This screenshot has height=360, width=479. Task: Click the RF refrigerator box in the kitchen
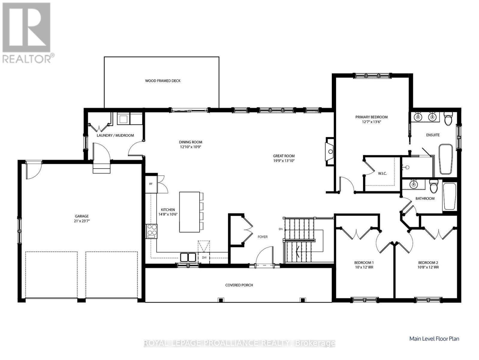click(151, 184)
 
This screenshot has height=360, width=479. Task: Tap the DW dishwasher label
click(204, 257)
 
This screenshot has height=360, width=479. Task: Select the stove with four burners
click(152, 231)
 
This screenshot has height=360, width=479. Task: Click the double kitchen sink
click(188, 257)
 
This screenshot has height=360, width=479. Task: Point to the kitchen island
click(189, 212)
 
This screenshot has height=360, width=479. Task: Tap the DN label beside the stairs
click(281, 229)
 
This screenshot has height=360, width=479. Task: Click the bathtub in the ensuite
click(446, 159)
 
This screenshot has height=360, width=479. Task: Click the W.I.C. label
click(382, 173)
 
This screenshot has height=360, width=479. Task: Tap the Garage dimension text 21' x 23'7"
click(82, 221)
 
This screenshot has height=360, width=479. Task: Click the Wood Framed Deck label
click(163, 81)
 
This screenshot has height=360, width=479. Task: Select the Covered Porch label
click(239, 285)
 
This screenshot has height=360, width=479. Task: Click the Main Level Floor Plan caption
click(434, 339)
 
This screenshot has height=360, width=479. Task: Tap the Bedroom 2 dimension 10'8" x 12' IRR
click(428, 267)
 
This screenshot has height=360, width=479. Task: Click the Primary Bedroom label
click(371, 117)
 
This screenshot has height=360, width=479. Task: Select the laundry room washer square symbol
click(123, 119)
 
